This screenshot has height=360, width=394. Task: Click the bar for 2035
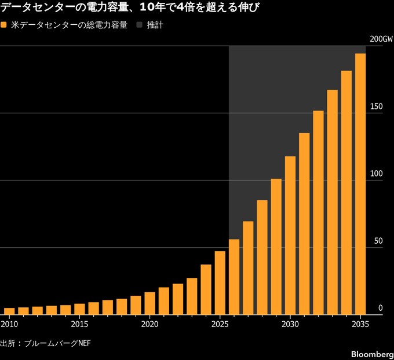[x=360, y=184]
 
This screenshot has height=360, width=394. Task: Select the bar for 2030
[x=290, y=236]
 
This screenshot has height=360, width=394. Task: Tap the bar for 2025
[x=220, y=283]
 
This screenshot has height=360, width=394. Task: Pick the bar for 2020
[x=149, y=303]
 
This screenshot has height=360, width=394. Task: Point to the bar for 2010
[x=9, y=311]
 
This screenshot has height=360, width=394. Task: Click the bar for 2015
[x=79, y=309]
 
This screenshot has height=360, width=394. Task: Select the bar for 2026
[x=234, y=277]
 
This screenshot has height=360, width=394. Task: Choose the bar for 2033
[x=332, y=202]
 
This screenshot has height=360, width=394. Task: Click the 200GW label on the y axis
[x=381, y=39]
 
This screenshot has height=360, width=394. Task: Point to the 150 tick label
[x=377, y=106]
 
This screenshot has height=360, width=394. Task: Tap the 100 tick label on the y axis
[x=377, y=174]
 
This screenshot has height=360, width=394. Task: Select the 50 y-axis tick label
[x=378, y=241]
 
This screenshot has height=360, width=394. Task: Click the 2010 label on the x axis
[x=9, y=324]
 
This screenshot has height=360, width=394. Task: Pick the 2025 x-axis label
[x=220, y=324]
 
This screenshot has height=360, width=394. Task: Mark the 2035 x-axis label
[x=360, y=324]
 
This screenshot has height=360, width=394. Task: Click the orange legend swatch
[x=3, y=25]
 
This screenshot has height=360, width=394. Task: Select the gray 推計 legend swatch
[x=140, y=25]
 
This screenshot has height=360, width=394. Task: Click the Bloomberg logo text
[x=373, y=354]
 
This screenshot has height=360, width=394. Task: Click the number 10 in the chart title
[x=146, y=8]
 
